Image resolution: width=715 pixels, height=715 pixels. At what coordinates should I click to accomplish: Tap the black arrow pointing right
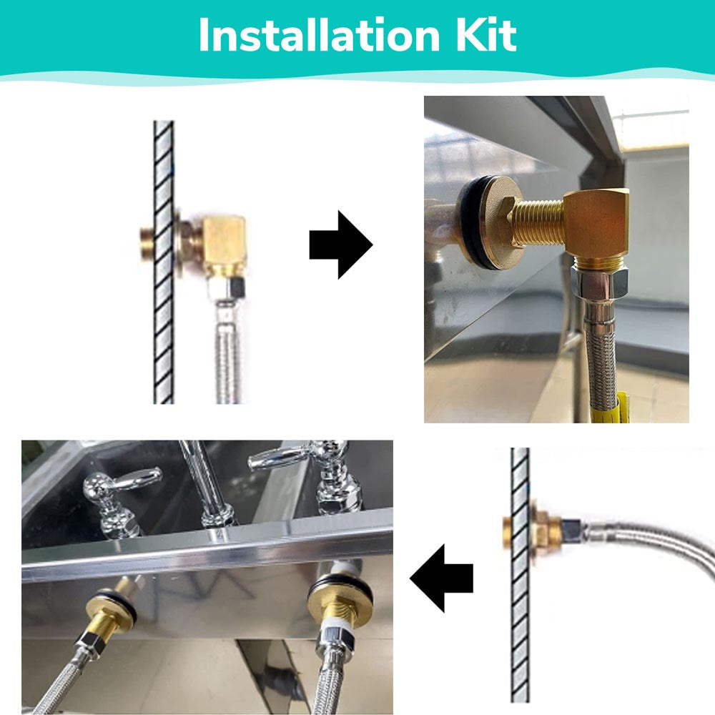coord(340,245)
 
